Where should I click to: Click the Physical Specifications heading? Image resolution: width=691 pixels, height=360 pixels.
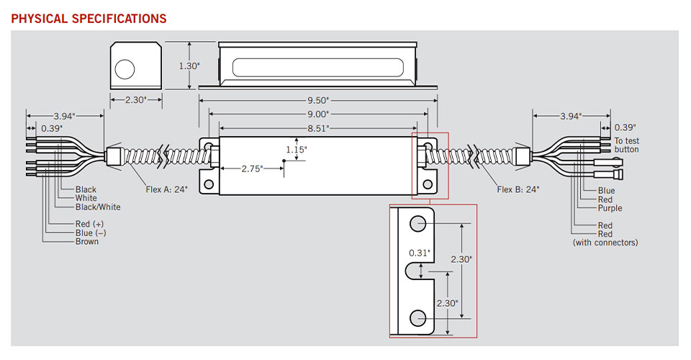point(89,18)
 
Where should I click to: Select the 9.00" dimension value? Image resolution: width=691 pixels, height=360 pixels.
point(317,114)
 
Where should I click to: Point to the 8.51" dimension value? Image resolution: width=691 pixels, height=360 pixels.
point(317,127)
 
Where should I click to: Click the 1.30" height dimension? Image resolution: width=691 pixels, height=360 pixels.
point(189,66)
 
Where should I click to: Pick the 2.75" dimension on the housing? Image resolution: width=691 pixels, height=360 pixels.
point(250,168)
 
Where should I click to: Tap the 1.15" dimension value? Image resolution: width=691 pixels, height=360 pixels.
point(296,150)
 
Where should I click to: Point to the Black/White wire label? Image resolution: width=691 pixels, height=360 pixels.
point(98,207)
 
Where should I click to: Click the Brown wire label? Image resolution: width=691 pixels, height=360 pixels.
point(87,242)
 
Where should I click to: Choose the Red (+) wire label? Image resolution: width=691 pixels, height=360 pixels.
point(89,225)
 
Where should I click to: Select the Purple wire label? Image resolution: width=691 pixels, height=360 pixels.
point(610,208)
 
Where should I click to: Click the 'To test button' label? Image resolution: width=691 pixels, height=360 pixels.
point(626,145)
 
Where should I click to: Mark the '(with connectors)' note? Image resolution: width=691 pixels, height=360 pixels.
point(605,243)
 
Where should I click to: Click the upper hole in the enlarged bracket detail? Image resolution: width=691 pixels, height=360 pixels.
point(418,225)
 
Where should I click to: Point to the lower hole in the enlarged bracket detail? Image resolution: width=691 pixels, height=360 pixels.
point(418,318)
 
